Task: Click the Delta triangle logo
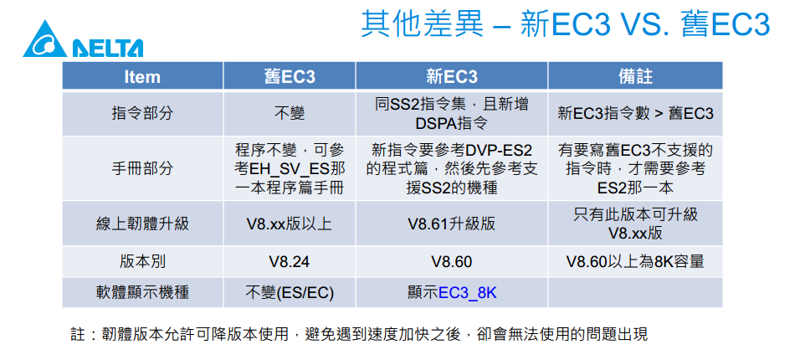(45, 39)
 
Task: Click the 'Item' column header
(142, 76)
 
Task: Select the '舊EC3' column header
(290, 76)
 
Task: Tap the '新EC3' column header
(452, 76)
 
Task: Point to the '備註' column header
(634, 76)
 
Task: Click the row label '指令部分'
(142, 113)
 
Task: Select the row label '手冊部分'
(142, 168)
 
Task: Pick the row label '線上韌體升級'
(142, 224)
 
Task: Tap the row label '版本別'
(142, 261)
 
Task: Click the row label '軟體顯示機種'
(142, 292)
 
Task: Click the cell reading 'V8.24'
(290, 262)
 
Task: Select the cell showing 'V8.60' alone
(452, 262)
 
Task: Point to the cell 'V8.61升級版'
(452, 224)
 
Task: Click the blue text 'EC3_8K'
(467, 293)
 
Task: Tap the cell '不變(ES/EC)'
(290, 292)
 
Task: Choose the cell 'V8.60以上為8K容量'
(635, 261)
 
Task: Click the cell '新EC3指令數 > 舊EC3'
(635, 113)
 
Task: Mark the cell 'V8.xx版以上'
(290, 224)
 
